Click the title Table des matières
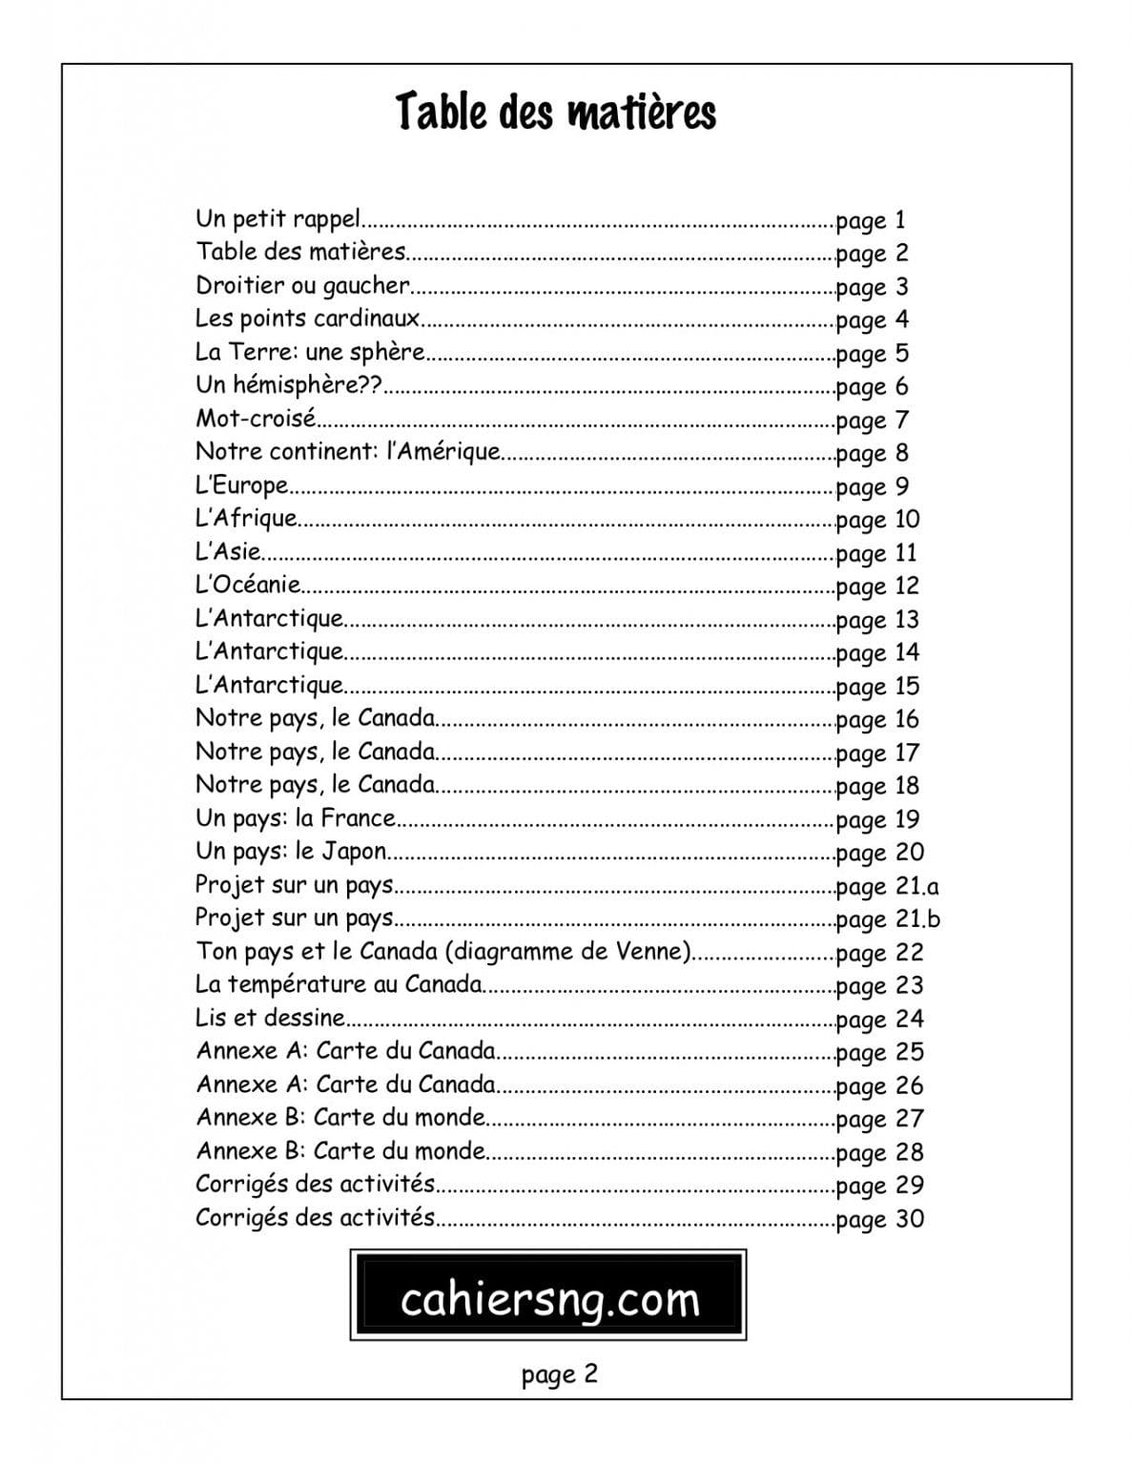point(555,113)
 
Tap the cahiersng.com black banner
point(548,1296)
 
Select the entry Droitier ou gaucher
point(302,285)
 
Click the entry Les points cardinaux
point(307,319)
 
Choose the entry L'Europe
point(241,485)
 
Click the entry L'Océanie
point(248,585)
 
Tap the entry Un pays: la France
point(295,817)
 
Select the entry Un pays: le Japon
point(291,851)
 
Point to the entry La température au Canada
point(339,984)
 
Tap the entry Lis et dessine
point(270,1018)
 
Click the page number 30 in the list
point(909,1219)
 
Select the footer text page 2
point(560,1374)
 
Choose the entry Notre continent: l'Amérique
point(347,451)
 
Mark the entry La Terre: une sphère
point(309,352)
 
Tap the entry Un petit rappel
point(278,219)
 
